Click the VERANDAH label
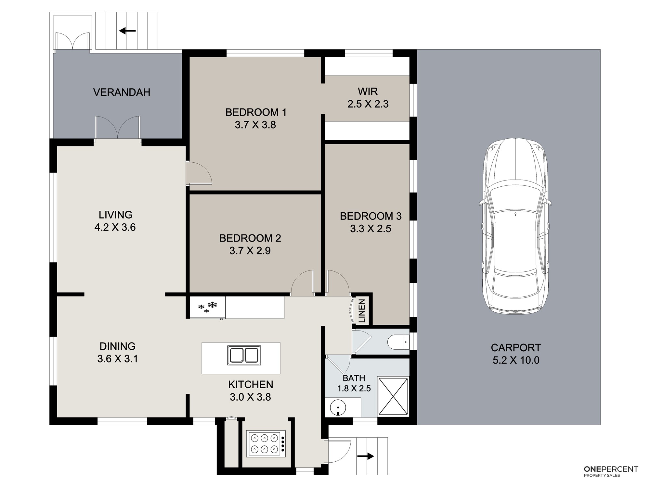click(122, 92)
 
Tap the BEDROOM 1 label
click(256, 112)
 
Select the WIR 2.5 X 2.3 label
click(368, 97)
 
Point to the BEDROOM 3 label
click(370, 216)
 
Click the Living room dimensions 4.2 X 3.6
click(115, 227)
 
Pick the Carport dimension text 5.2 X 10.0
click(516, 360)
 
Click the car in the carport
click(515, 226)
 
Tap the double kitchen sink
click(244, 355)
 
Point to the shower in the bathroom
click(393, 396)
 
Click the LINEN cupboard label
click(362, 311)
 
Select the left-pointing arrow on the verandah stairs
click(127, 31)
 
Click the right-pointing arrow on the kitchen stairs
click(366, 456)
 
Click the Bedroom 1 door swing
click(199, 173)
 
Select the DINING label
click(117, 346)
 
